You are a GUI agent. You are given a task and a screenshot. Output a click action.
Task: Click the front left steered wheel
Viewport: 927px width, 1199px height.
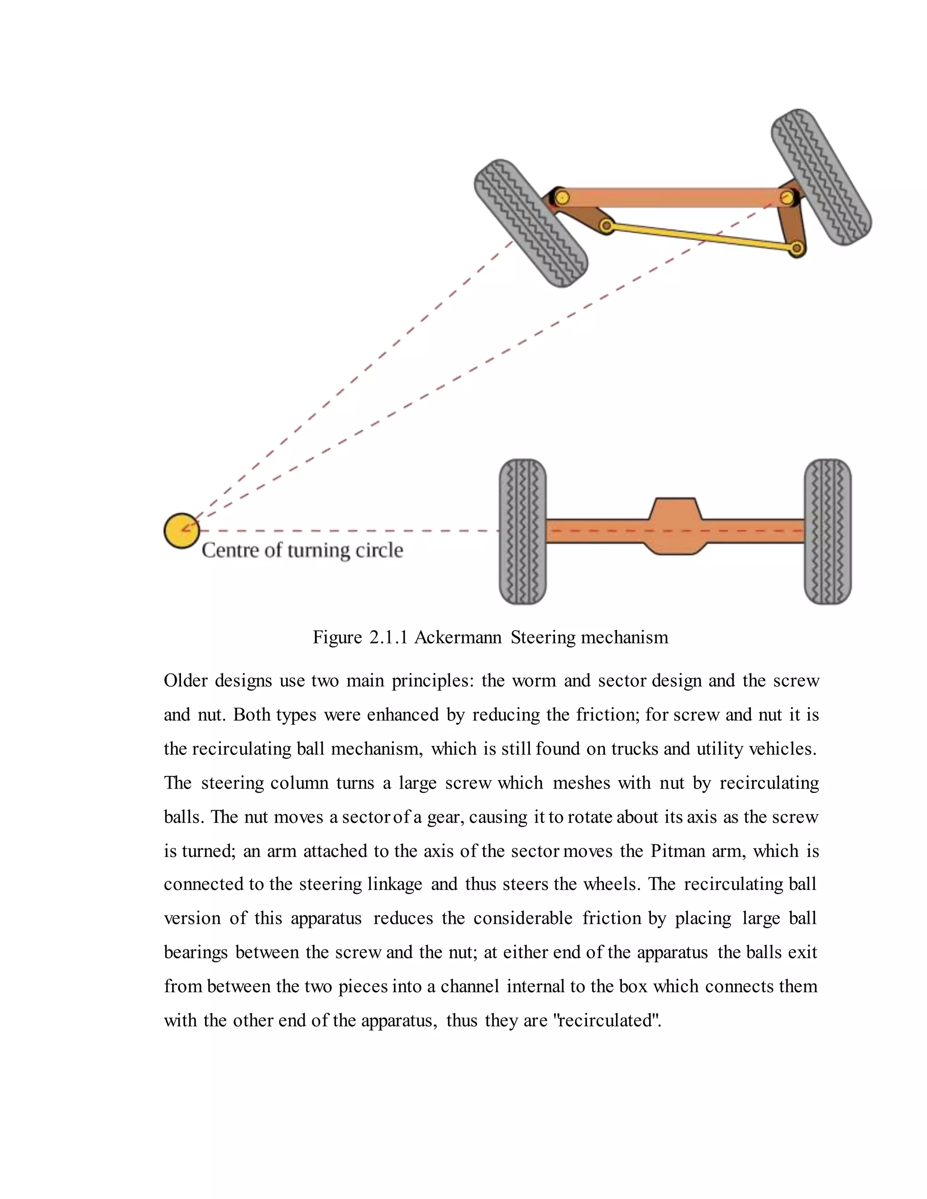[530, 223]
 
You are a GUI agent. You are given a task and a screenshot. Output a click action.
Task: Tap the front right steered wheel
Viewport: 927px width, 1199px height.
[821, 177]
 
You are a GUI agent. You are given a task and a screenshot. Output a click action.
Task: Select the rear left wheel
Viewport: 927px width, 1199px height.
[522, 532]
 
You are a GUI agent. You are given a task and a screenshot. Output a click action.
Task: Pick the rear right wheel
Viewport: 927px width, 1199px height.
[827, 532]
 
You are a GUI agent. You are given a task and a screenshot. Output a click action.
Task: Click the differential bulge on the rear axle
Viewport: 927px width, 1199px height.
[675, 526]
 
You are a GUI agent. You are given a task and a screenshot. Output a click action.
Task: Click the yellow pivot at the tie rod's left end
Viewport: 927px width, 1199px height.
[606, 225]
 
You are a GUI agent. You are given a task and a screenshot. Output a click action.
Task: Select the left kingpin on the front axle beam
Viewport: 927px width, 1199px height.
[561, 196]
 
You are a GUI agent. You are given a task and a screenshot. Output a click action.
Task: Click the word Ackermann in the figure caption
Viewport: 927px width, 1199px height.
[458, 638]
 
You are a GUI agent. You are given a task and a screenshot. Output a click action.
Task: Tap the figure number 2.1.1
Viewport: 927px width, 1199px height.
[388, 638]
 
